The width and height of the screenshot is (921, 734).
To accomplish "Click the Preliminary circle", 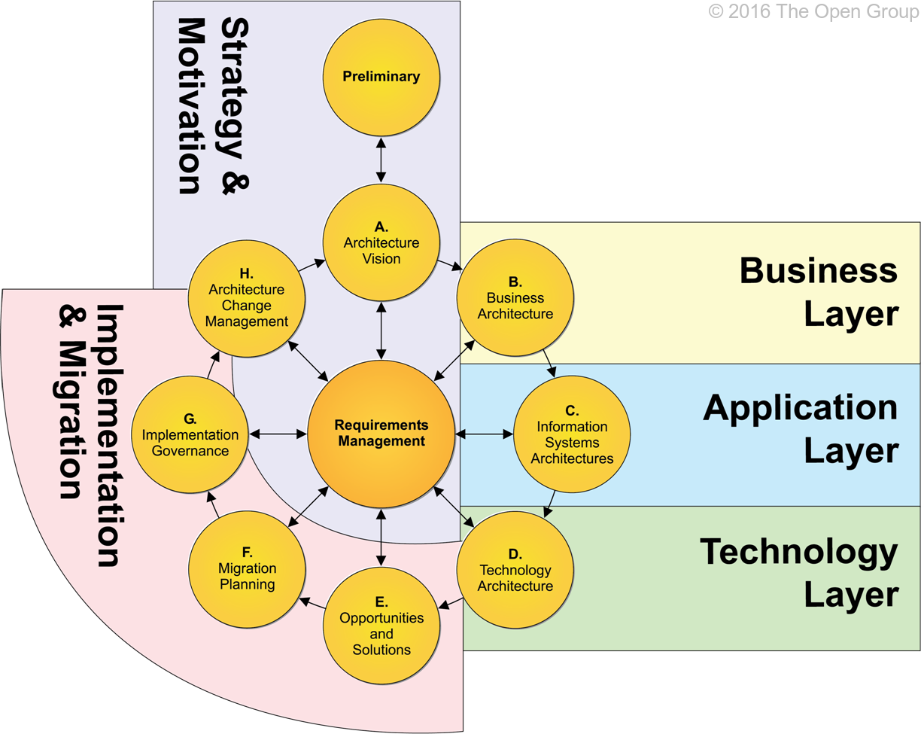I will pos(381,77).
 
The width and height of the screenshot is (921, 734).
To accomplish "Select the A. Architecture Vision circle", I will pos(381,242).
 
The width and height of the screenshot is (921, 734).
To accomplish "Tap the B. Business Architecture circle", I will pos(515,298).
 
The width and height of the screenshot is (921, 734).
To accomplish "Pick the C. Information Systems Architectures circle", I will pos(571,434).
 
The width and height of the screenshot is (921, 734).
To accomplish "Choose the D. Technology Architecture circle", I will pos(515,569).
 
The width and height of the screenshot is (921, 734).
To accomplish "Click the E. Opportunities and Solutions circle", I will pos(381,625).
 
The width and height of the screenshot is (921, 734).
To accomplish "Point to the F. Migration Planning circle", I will pos(247,569).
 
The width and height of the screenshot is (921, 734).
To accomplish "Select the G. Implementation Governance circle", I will pos(190,434).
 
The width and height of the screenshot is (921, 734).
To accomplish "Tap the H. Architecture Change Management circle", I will pos(247,298).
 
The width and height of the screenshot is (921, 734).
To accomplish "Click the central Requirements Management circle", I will pos(381,434).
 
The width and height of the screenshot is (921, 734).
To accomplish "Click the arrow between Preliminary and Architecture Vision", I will pos(381,159).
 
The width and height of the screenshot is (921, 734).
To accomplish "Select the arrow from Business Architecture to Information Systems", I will pos(548,362).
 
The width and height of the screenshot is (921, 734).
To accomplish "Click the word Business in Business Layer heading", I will pos(819,270).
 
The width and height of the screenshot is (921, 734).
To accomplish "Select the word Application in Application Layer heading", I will pos(801,407).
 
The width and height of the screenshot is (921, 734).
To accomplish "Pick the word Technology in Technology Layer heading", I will pos(799,552).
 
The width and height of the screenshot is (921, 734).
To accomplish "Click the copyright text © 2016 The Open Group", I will pos(813,12).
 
